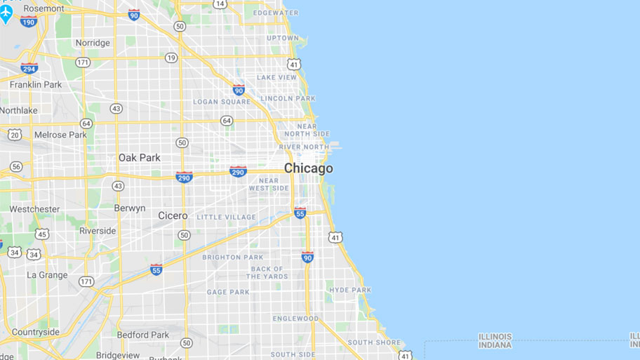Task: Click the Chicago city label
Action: coord(308,168)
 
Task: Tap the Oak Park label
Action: coord(139,158)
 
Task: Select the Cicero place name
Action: coord(173,215)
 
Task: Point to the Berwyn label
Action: coord(130,208)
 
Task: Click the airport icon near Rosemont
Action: coord(6,13)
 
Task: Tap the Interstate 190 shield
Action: coord(29,22)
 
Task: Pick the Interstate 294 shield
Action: coord(29,68)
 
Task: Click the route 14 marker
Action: coord(220,4)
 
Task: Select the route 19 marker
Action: coord(171,58)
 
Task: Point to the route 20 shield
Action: coord(15,134)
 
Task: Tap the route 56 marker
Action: coord(16,166)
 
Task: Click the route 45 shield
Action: coord(42,234)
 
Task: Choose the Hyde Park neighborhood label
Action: coord(350,290)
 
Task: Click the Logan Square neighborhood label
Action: coord(222,102)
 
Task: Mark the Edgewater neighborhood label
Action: coord(276,13)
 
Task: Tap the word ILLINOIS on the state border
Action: coord(495,337)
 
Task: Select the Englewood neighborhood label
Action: coord(295,319)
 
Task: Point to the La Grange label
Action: coord(47,275)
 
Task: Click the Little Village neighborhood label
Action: coord(226,218)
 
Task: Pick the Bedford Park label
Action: coord(142,335)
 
